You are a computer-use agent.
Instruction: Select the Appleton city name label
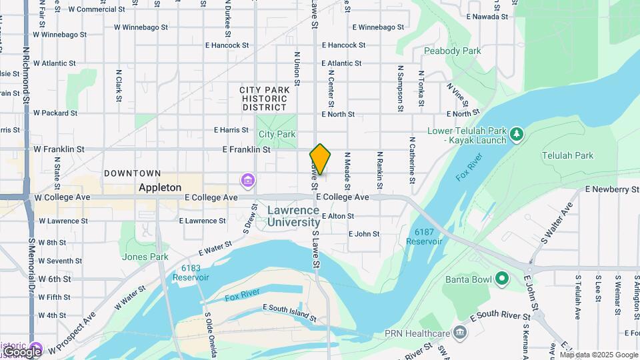(x=159, y=187)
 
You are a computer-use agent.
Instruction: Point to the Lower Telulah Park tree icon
(x=516, y=135)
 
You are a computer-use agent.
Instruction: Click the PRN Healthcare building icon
(x=459, y=332)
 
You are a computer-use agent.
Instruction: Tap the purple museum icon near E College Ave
(x=248, y=181)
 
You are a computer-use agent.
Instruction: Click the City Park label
(x=277, y=134)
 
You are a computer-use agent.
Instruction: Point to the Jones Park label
(x=145, y=257)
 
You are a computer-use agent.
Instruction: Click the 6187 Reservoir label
(x=427, y=236)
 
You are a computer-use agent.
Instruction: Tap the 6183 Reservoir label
(x=195, y=273)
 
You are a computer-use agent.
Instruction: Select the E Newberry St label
(x=611, y=189)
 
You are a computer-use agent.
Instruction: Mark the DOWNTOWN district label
(x=132, y=173)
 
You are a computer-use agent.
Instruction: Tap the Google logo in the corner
(x=21, y=351)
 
